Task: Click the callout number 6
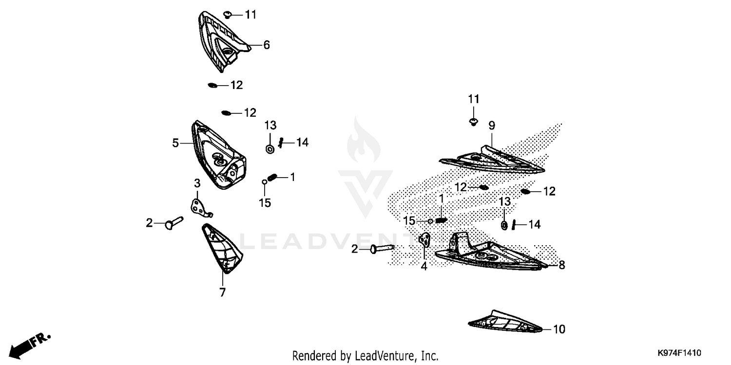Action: (267, 45)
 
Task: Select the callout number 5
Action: (175, 143)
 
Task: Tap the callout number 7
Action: (223, 292)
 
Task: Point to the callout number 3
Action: (197, 183)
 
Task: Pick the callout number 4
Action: (423, 266)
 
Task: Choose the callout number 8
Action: (561, 265)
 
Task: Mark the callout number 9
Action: (492, 126)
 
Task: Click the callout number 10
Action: (559, 329)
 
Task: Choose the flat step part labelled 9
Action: (491, 160)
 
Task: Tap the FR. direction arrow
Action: (29, 346)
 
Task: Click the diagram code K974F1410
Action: (679, 353)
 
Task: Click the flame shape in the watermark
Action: (363, 140)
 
